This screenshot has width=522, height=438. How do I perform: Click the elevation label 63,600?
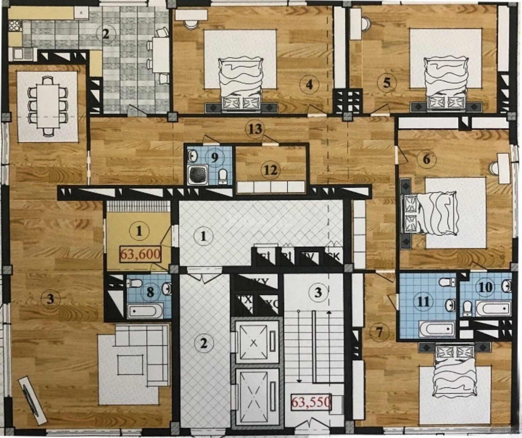[140, 255]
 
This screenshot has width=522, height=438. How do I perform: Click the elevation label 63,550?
[311, 402]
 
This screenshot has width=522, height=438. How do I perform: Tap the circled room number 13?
[255, 129]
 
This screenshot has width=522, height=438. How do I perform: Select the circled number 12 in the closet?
[271, 170]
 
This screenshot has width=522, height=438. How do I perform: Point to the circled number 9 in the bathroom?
[215, 157]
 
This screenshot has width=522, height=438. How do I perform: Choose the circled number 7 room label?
[379, 332]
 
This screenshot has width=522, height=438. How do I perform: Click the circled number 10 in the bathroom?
[485, 287]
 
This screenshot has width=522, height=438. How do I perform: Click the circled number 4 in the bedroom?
[309, 85]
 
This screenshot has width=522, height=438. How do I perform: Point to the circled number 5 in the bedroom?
[387, 82]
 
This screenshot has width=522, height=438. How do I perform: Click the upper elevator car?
[254, 342]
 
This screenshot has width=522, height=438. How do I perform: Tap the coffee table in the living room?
[130, 364]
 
